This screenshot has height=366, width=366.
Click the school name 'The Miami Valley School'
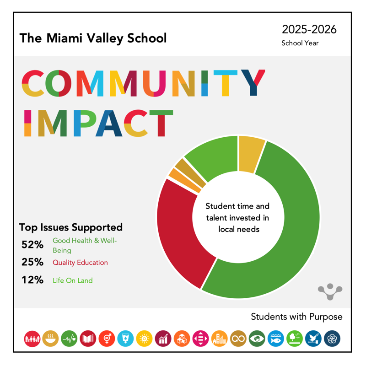(x=93, y=38)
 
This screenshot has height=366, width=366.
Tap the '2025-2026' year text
(x=309, y=30)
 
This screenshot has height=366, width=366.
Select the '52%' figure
(x=32, y=245)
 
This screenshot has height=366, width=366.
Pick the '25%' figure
(x=32, y=263)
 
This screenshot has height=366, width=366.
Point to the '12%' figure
(x=32, y=280)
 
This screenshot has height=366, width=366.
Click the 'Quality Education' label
(x=80, y=263)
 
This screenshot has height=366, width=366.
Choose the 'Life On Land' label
(x=72, y=280)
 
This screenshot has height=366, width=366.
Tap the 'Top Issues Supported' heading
(x=71, y=227)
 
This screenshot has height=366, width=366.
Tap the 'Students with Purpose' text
(x=296, y=317)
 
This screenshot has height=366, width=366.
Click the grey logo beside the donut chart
(x=330, y=291)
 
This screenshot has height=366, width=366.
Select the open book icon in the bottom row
(x=88, y=339)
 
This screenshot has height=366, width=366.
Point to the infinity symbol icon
(x=238, y=339)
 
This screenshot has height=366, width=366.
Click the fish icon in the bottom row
(x=275, y=339)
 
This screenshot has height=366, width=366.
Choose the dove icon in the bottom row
(x=313, y=339)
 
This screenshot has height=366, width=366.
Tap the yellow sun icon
(x=144, y=339)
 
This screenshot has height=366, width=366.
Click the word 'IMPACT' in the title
(x=97, y=124)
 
